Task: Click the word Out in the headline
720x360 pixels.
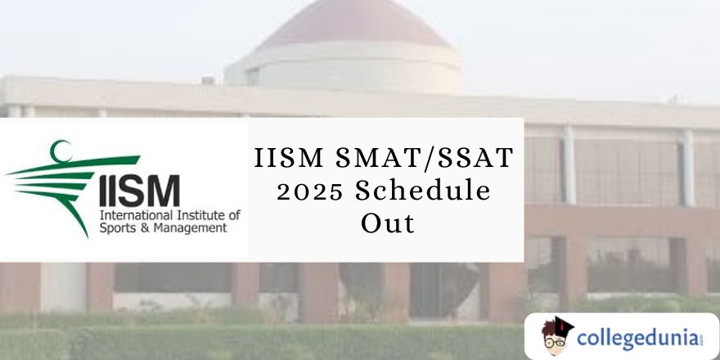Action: click(388, 223)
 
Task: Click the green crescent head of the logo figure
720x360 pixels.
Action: click(57, 151)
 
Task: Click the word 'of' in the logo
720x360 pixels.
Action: click(234, 215)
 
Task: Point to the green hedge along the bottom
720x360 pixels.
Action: click(245, 344)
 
